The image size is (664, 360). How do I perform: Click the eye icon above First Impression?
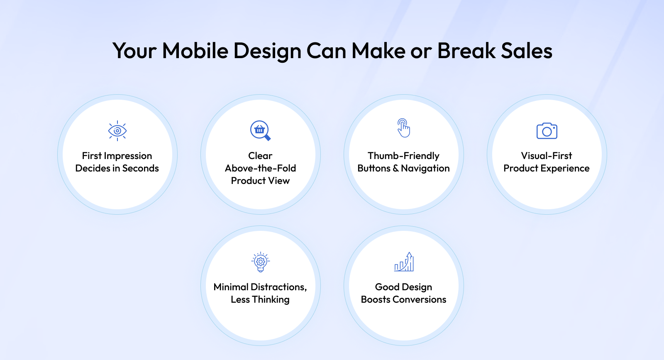pyautogui.click(x=117, y=131)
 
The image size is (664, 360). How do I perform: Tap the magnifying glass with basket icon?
pyautogui.click(x=260, y=130)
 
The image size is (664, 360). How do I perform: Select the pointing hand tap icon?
pyautogui.click(x=403, y=128)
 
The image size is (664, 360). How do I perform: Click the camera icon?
pyautogui.click(x=547, y=131)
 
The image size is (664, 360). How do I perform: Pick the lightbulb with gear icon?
pyautogui.click(x=261, y=262)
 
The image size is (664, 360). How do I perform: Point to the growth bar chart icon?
pyautogui.click(x=404, y=262)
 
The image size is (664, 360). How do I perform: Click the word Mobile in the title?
pyautogui.click(x=195, y=50)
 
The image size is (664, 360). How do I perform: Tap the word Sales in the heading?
pyautogui.click(x=527, y=50)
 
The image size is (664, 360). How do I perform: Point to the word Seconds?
pyautogui.click(x=141, y=168)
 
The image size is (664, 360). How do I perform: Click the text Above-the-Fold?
pyautogui.click(x=260, y=168)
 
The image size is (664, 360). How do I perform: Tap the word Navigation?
pyautogui.click(x=425, y=169)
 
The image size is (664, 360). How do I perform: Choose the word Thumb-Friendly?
pyautogui.click(x=403, y=156)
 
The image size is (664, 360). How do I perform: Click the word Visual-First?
pyautogui.click(x=547, y=156)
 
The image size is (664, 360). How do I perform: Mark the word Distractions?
pyautogui.click(x=278, y=287)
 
